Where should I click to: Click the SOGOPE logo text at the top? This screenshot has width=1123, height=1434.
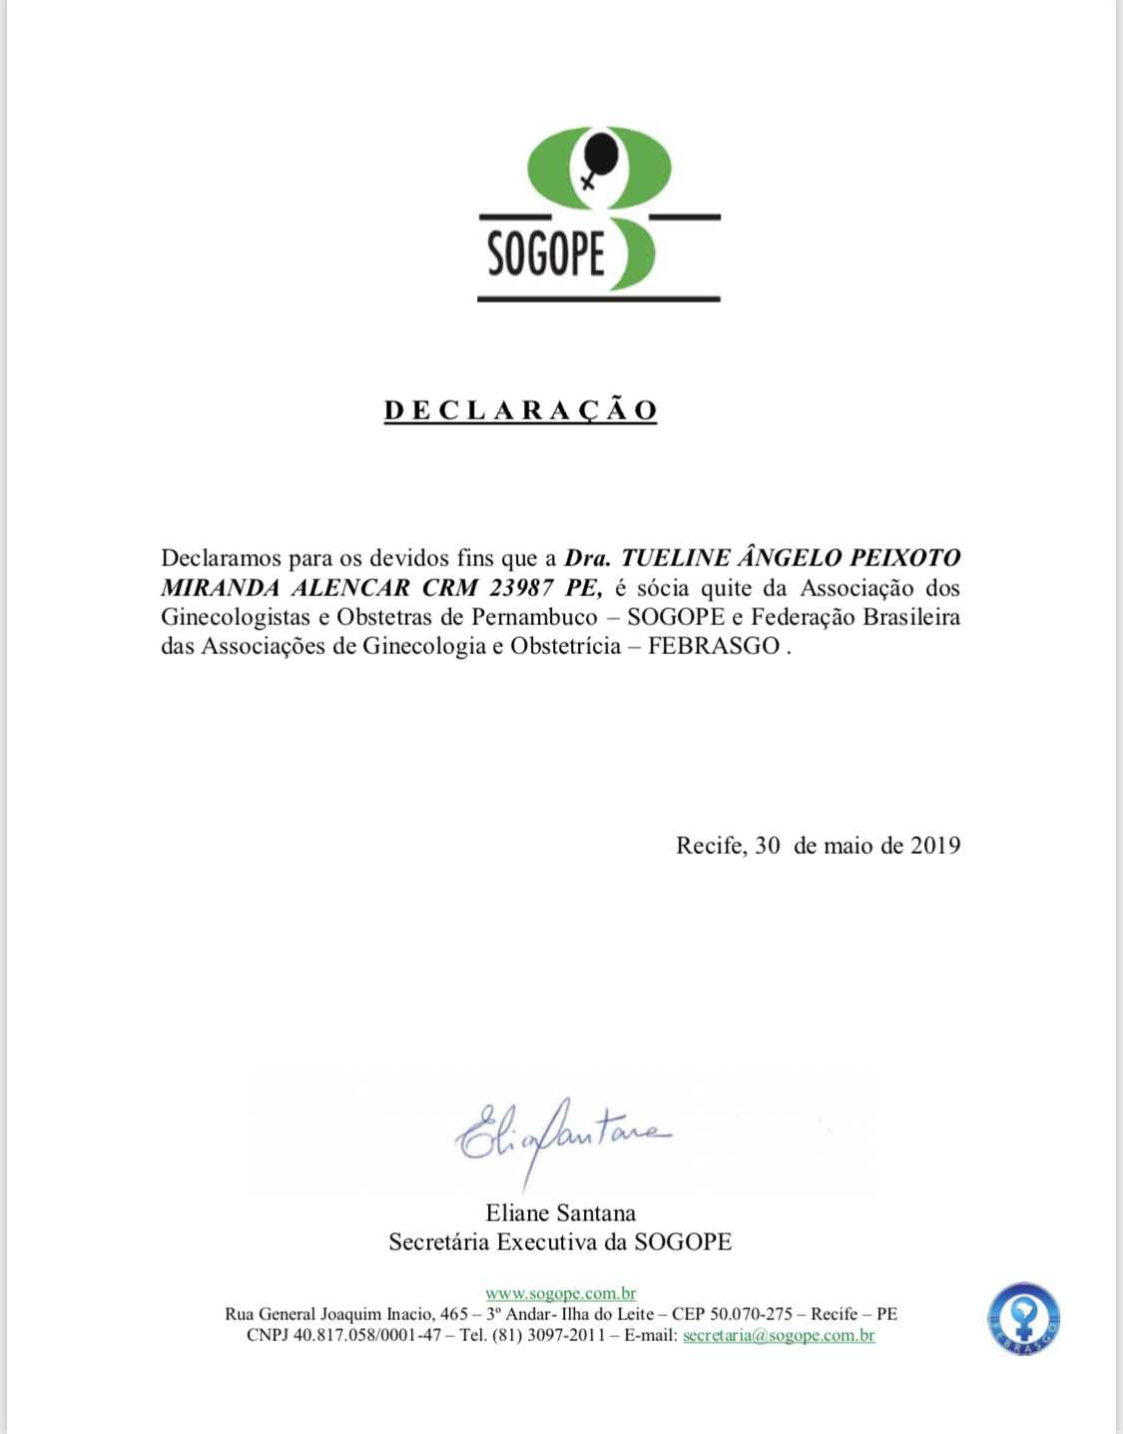tap(546, 252)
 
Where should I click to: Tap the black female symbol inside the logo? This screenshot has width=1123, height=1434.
tap(598, 160)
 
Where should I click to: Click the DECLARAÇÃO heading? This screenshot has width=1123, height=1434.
tap(520, 410)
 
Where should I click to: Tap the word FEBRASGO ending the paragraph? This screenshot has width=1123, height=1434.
tap(714, 646)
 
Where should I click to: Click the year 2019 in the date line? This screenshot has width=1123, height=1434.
tap(935, 845)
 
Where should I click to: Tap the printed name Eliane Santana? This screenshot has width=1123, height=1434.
tap(561, 1213)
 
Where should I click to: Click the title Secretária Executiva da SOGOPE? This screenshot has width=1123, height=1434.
tap(560, 1242)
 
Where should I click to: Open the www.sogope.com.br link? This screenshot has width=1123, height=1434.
tap(561, 1294)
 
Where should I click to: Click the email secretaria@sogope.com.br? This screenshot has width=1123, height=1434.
tap(779, 1335)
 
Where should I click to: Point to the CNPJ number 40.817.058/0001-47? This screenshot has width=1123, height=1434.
tap(367, 1335)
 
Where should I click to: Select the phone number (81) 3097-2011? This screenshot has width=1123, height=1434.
tap(548, 1335)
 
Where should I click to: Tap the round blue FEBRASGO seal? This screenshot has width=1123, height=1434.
tap(1023, 1318)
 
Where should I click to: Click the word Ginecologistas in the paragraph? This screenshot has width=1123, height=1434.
tap(236, 616)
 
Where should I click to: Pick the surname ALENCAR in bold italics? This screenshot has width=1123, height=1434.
tap(350, 587)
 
